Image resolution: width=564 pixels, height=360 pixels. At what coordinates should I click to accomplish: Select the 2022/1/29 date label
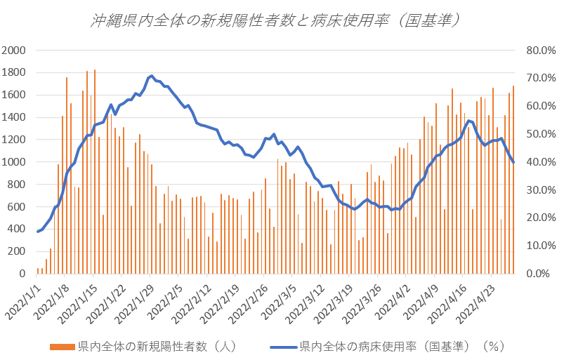point(137,299)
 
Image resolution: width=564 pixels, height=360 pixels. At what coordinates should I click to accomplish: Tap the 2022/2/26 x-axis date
point(250,299)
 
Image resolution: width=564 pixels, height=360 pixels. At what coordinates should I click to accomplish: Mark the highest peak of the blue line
point(152,76)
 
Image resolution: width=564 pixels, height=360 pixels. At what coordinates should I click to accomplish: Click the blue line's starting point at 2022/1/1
point(37,231)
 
